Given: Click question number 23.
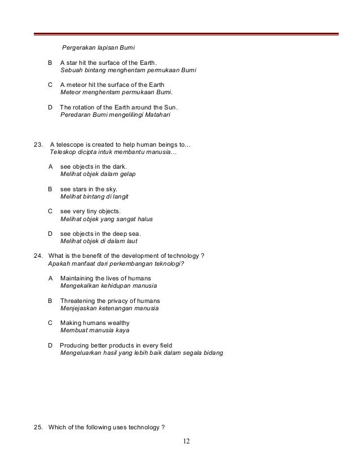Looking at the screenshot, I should click(39, 144).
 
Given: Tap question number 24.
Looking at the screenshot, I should click(39, 256).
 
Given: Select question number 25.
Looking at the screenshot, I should click(39, 426).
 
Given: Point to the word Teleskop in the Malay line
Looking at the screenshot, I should click(63, 152).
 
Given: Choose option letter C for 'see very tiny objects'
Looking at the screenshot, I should click(51, 211).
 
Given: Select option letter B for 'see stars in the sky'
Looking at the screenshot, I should click(51, 189).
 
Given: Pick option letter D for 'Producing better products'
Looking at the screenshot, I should click(51, 345).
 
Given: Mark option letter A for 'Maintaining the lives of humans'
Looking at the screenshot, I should click(51, 278).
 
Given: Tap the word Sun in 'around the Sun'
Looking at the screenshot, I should click(170, 107).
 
